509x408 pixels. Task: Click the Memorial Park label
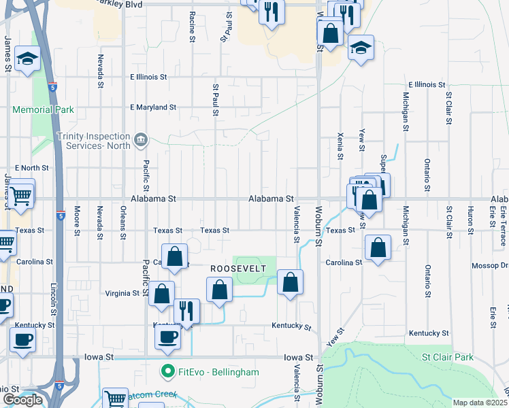pyautogui.click(x=42, y=109)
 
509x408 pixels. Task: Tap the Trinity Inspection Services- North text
pyautogui.click(x=94, y=140)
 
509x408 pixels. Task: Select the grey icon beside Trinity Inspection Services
pyautogui.click(x=141, y=140)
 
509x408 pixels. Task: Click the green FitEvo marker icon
pyautogui.click(x=165, y=372)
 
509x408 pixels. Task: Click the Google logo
pyautogui.click(x=22, y=400)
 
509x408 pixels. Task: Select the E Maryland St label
pyautogui.click(x=153, y=107)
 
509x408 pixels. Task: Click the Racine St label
pyautogui.click(x=193, y=27)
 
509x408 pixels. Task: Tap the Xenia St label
pyautogui.click(x=340, y=146)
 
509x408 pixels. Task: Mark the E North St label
pyautogui.click(x=31, y=167)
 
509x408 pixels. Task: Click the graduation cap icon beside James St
pyautogui.click(x=27, y=59)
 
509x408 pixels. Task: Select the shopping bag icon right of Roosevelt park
pyautogui.click(x=290, y=282)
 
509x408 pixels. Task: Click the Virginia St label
pyautogui.click(x=122, y=294)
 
